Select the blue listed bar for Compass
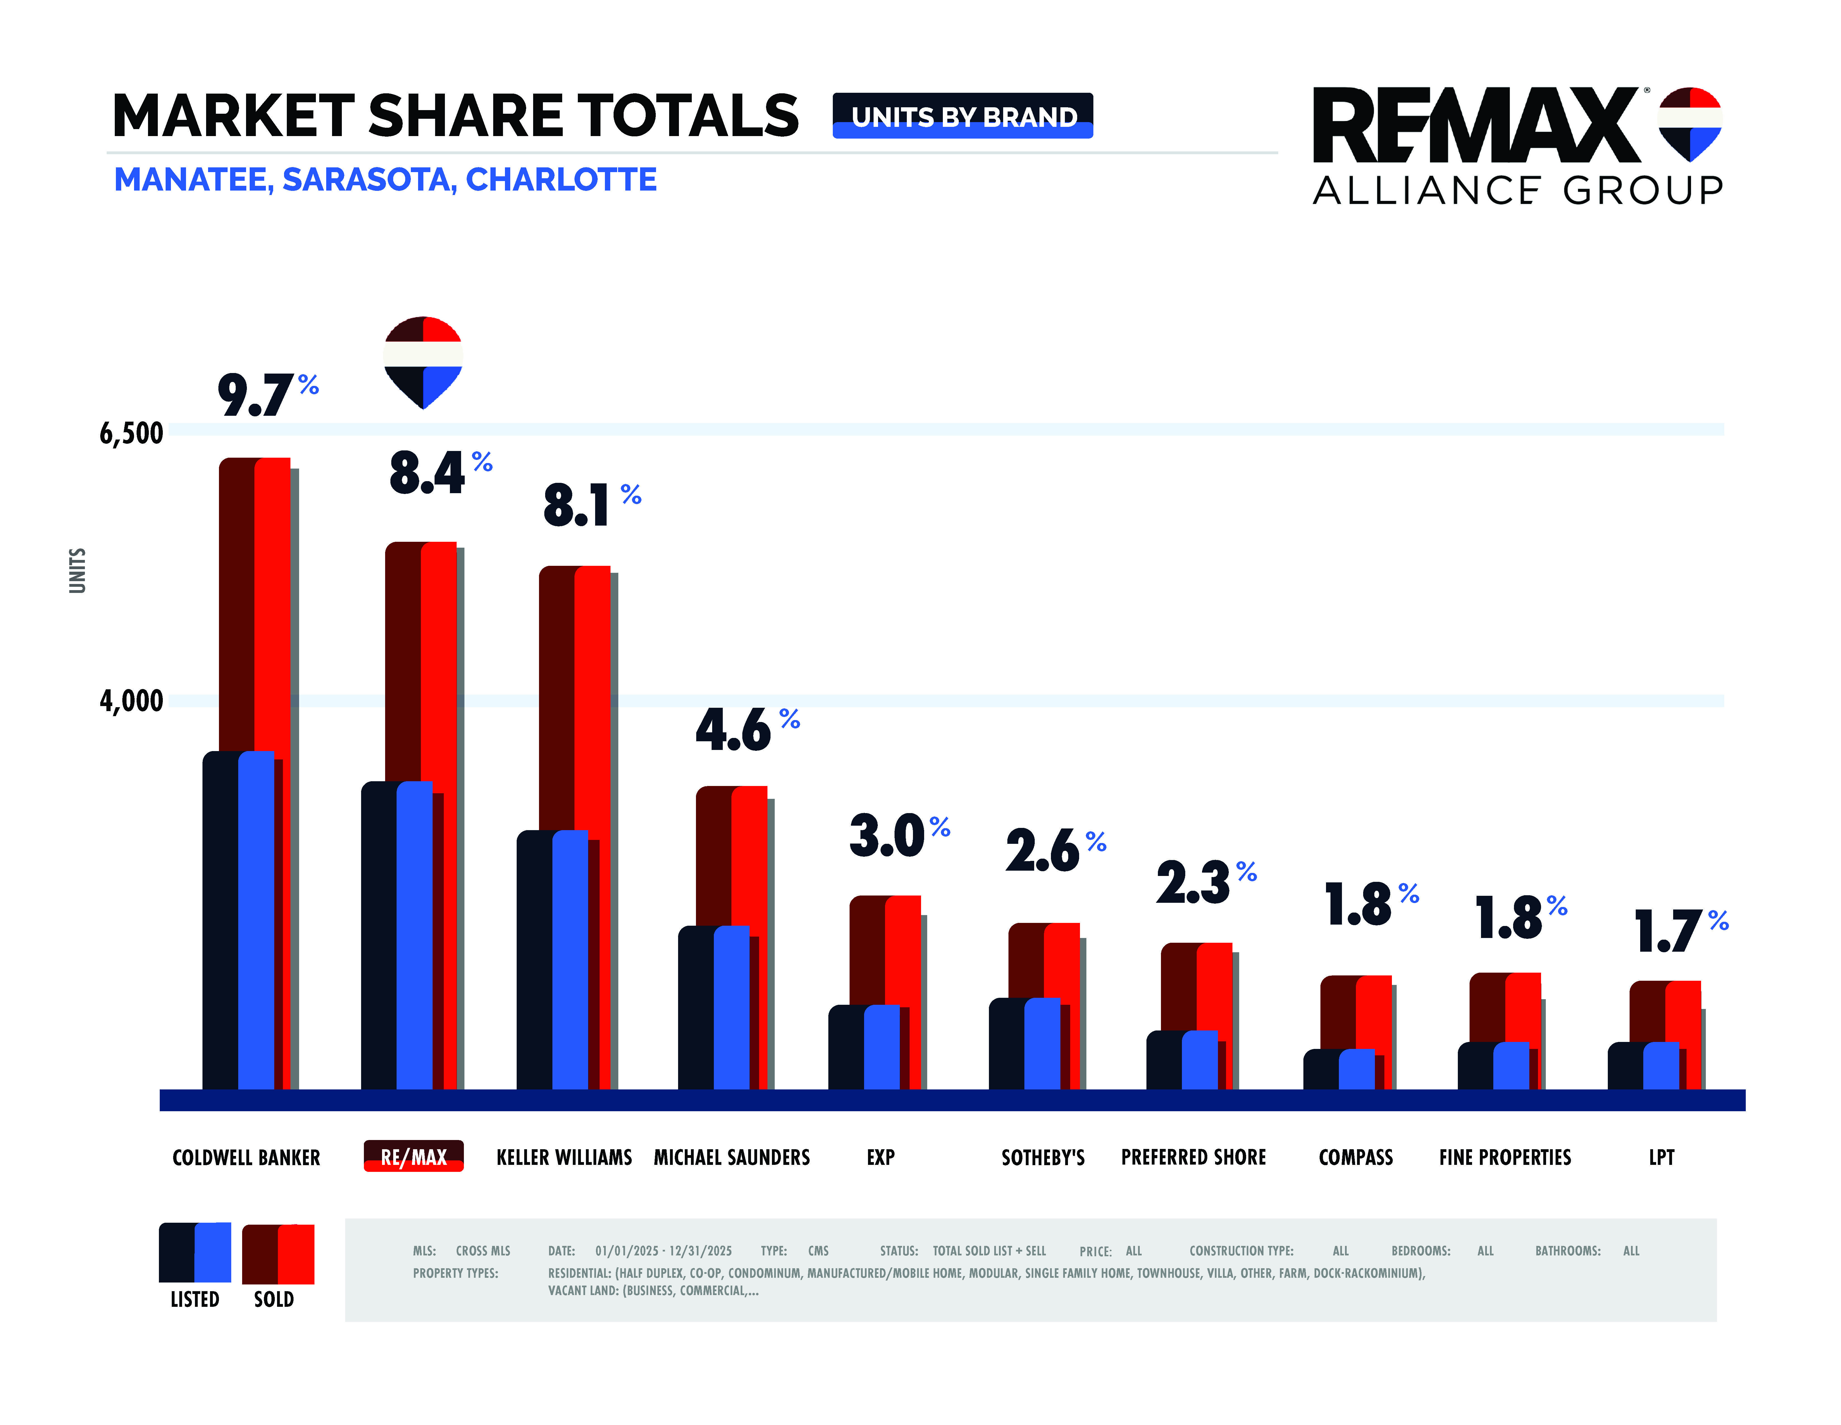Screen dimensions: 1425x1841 click(x=1356, y=1069)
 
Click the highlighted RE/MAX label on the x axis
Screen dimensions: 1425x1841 click(x=413, y=1156)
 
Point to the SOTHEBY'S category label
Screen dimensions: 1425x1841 click(x=1043, y=1157)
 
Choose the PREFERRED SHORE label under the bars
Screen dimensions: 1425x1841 click(x=1193, y=1157)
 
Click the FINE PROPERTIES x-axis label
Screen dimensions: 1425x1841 click(x=1505, y=1157)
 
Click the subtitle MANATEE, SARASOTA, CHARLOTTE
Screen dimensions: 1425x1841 click(x=385, y=180)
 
